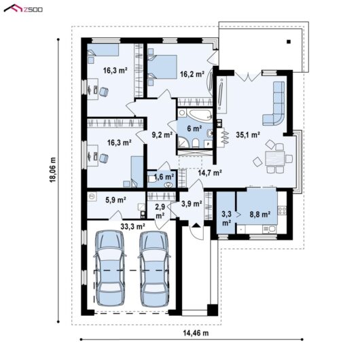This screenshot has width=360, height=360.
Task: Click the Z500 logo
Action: pyautogui.click(x=23, y=9)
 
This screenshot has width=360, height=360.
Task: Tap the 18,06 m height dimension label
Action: pyautogui.click(x=53, y=170)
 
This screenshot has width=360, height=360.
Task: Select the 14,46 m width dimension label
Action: pyautogui.click(x=196, y=333)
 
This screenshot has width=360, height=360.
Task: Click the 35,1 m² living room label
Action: pyautogui.click(x=248, y=134)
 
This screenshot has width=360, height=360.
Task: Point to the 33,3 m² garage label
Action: pyautogui.click(x=132, y=227)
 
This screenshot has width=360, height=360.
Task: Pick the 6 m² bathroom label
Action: pyautogui.click(x=194, y=128)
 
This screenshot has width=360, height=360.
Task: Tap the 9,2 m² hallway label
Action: pyautogui.click(x=162, y=134)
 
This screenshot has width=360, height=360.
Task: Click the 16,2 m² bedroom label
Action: pyautogui.click(x=192, y=74)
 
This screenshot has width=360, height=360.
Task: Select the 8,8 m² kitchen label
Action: pyautogui.click(x=259, y=215)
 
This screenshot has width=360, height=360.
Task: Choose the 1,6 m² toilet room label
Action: pyautogui.click(x=164, y=177)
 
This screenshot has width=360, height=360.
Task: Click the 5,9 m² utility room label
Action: pyautogui.click(x=115, y=200)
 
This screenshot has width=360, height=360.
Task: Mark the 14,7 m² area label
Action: pyautogui.click(x=210, y=173)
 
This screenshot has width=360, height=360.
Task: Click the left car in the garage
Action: pyautogui.click(x=109, y=268)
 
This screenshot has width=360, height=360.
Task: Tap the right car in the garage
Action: pyautogui.click(x=154, y=268)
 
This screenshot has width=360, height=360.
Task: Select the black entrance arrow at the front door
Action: pyautogui.click(x=196, y=225)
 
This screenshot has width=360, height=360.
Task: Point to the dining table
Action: pyautogui.click(x=274, y=158)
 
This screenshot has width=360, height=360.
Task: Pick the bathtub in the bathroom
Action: pyautogui.click(x=199, y=114)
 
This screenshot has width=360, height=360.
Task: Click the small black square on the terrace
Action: pyautogui.click(x=289, y=42)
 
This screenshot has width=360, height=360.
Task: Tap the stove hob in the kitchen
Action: pyautogui.click(x=282, y=211)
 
